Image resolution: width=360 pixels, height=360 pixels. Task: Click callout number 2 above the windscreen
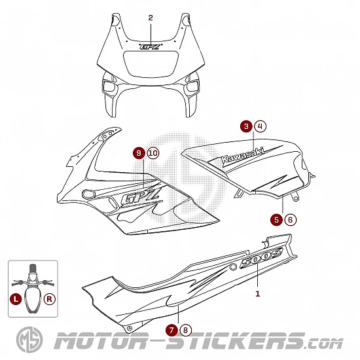pos(151,18)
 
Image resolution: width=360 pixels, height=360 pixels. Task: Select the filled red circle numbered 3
pos(246,126)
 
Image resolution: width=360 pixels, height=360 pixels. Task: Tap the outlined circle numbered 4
pos(261,126)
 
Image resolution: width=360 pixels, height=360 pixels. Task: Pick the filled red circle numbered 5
pos(276,220)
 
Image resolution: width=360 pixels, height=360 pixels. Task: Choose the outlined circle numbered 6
pos(291,220)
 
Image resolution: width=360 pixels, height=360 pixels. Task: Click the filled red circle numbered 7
pos(171,330)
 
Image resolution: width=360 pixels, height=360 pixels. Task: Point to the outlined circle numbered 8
pos(186,330)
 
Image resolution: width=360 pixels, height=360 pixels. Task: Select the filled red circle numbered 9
pos(139,153)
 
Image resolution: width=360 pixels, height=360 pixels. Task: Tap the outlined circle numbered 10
pos(153,153)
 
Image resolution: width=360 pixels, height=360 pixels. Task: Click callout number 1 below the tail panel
pos(258,294)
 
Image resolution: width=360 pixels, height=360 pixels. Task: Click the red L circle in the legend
pos(16,299)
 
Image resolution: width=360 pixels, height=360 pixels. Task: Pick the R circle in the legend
pos(50,299)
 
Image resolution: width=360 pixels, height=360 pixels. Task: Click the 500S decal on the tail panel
pos(261,258)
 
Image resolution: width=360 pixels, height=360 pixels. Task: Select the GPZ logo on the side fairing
pos(140,196)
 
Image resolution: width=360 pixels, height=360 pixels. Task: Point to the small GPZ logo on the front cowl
pos(150,46)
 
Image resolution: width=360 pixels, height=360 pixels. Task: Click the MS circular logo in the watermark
pos(29,340)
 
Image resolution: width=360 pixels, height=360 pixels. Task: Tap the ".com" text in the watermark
pos(324,344)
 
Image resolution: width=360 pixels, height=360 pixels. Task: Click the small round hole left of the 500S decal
pos(233,267)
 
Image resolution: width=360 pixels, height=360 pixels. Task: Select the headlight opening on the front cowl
pos(151,63)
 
